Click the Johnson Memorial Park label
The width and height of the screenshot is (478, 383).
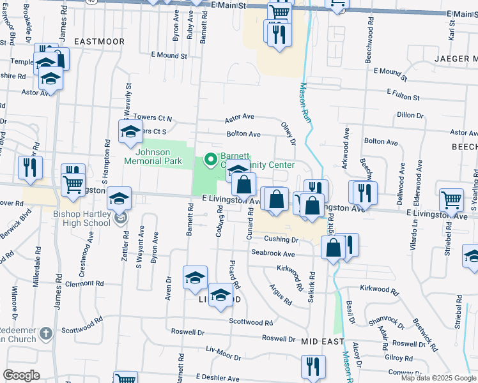pos(153,156)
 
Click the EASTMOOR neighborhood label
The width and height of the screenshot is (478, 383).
pos(99,41)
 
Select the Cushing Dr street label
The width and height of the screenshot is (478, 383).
pos(282,239)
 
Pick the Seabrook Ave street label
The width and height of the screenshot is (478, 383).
pos(272,253)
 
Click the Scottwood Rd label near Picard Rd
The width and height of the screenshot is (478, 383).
pos(251,322)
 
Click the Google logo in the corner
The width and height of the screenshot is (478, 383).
pos(21,375)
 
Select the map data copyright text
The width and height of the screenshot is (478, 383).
pos(439,378)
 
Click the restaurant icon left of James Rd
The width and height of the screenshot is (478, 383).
pos(29,167)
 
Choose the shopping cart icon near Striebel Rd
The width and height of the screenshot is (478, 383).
pos(451,200)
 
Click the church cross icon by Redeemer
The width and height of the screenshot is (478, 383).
pos(45,333)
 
